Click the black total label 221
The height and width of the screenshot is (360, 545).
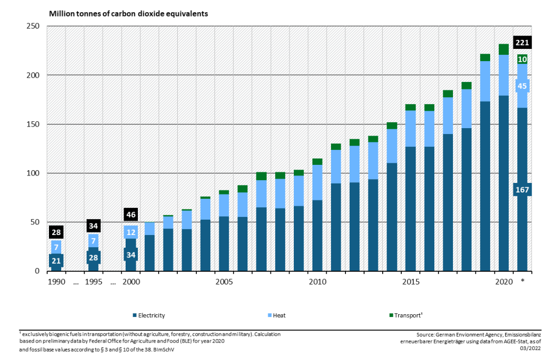(522, 43)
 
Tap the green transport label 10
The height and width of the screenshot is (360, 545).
(522, 60)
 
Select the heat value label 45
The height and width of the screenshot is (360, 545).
(522, 86)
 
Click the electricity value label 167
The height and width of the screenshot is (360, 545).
(522, 190)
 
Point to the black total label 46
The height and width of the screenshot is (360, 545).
(131, 215)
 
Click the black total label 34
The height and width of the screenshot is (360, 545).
(93, 226)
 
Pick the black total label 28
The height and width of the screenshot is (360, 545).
(56, 232)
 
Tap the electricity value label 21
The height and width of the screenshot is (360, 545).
(56, 261)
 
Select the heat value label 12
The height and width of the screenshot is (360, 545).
(131, 232)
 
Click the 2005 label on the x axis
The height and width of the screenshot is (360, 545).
(224, 281)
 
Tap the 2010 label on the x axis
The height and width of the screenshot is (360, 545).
(317, 281)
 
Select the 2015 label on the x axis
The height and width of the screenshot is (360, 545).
(410, 281)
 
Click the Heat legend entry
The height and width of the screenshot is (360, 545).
(279, 315)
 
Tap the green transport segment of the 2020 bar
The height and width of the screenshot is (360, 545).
(503, 49)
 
